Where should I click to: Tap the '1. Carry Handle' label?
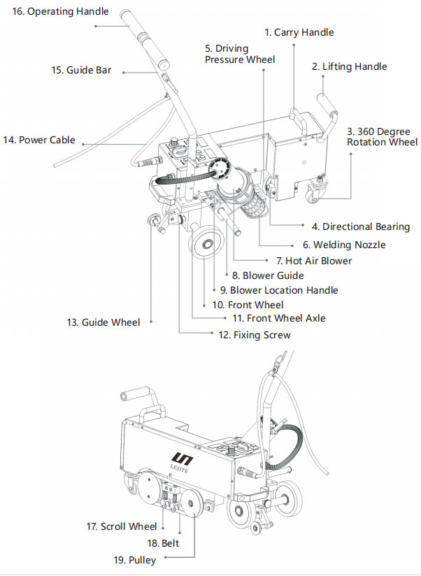coord(299,32)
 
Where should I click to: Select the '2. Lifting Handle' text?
coord(349,66)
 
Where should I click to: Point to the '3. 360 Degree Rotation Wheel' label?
coord(382,136)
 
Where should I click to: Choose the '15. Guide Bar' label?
coord(81,70)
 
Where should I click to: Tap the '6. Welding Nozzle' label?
coord(344,245)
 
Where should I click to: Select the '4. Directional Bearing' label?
coord(361,226)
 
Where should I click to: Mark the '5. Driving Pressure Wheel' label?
coord(240,54)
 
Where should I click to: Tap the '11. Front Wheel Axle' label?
coord(278,318)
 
